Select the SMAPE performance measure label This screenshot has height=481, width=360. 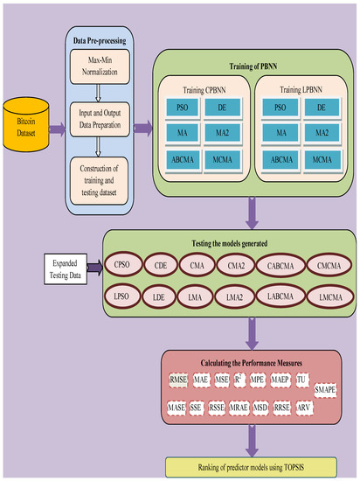point(327,392)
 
